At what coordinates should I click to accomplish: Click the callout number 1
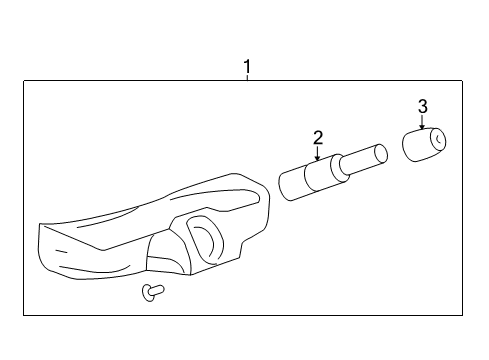(x=246, y=67)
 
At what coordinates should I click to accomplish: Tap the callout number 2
(x=318, y=138)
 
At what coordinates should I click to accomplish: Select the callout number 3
(x=422, y=107)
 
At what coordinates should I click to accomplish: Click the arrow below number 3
(x=422, y=124)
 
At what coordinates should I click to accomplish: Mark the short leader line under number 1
(x=246, y=80)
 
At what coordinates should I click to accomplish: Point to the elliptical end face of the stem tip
(x=380, y=155)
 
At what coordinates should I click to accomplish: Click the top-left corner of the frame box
(x=24, y=81)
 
